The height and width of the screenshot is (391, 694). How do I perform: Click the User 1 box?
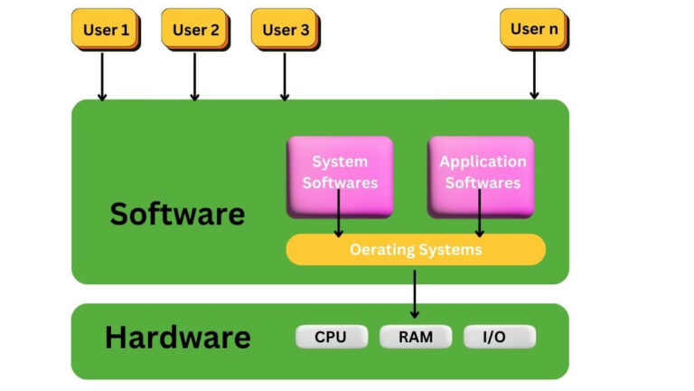click(106, 30)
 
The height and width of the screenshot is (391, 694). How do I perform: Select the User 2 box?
click(195, 30)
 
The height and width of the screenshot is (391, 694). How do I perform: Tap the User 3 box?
click(285, 30)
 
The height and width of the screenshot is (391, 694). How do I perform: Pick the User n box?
click(533, 29)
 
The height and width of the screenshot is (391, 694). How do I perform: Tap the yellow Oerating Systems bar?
click(416, 250)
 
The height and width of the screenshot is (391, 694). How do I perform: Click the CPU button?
click(332, 338)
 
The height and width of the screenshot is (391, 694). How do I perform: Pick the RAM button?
click(415, 338)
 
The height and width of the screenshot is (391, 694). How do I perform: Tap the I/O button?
click(499, 338)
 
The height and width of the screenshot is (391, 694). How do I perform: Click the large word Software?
click(177, 215)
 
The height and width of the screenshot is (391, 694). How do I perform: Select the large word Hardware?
click(177, 338)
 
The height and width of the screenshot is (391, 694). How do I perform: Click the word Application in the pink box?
click(483, 162)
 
